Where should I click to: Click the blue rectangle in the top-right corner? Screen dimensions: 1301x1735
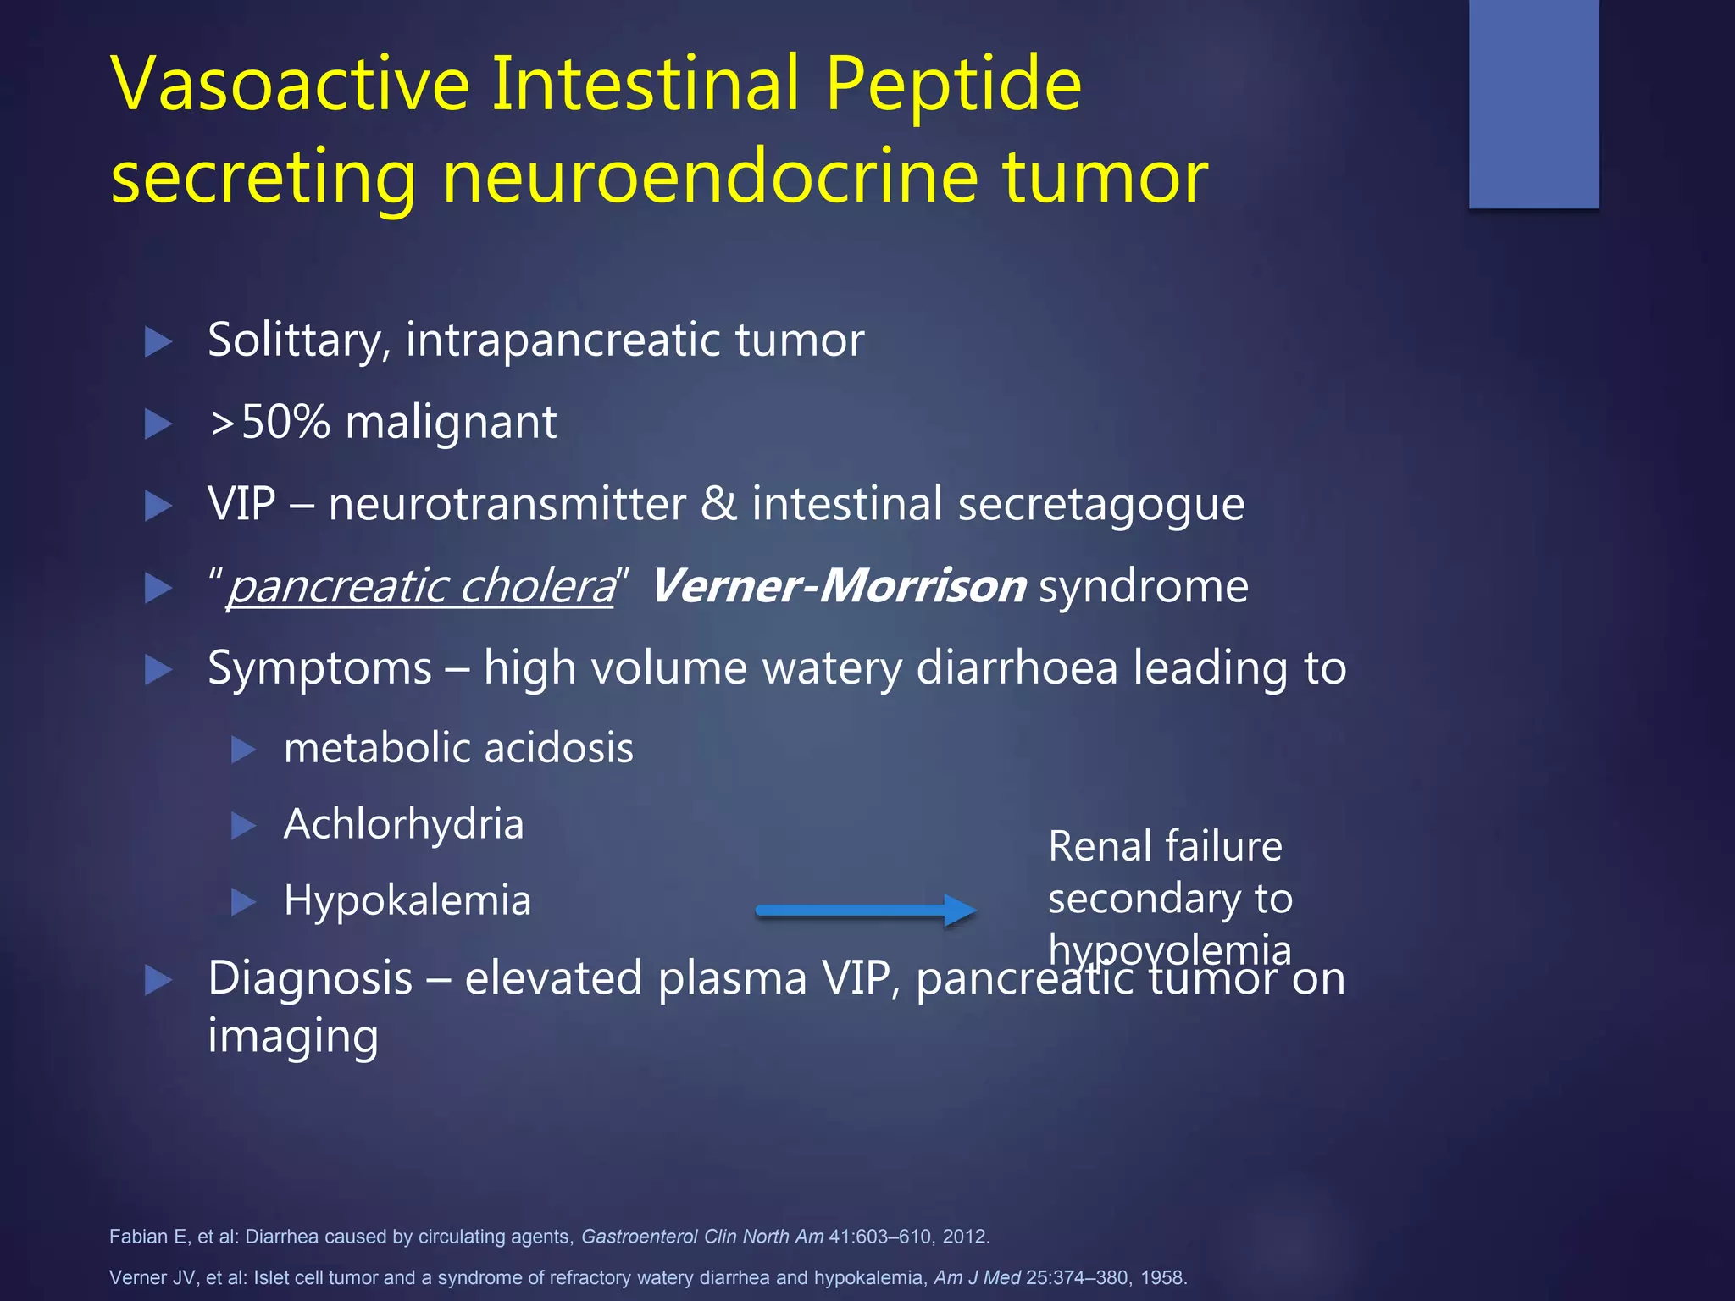pos(1533,103)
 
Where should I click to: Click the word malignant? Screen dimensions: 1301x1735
pos(451,422)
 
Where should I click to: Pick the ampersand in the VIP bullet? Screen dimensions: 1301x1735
pos(718,504)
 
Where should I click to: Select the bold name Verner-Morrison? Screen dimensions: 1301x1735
pos(838,586)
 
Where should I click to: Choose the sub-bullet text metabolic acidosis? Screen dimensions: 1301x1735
pos(458,748)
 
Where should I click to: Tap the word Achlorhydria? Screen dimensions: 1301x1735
pos(404,824)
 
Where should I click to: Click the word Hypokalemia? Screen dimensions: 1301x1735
pos(407,900)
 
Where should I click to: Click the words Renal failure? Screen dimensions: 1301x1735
pos(1165,846)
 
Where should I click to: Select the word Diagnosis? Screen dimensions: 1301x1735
pos(310,978)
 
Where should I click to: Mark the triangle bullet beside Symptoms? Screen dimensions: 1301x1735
pos(158,669)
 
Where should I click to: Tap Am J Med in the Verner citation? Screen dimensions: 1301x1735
pos(977,1277)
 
